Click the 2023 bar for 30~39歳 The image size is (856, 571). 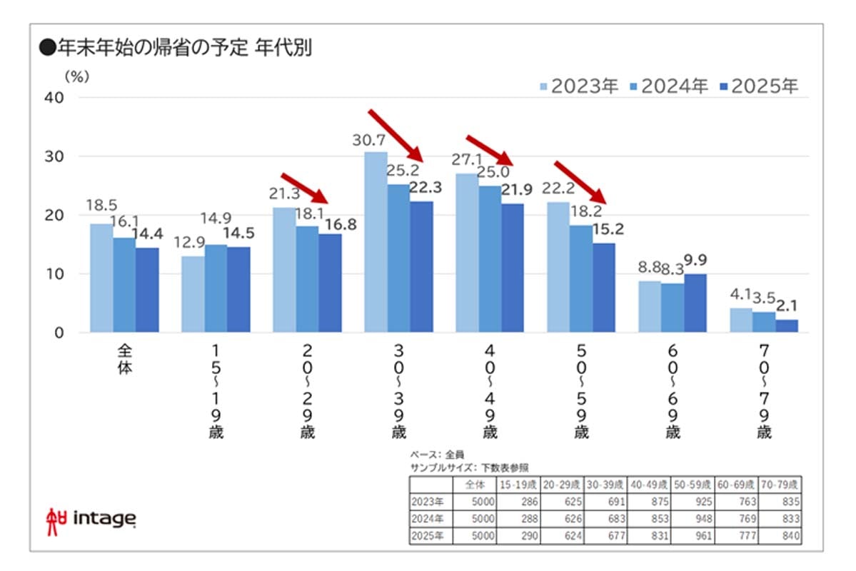376,242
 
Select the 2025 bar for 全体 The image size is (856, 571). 147,290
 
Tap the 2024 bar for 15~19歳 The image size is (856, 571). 216,288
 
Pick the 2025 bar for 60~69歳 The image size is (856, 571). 695,303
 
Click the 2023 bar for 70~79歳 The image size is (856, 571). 741,320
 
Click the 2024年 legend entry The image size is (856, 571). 669,86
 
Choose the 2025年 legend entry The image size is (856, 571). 759,86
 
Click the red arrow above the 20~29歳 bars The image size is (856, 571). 304,188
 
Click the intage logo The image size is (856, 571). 90,517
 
